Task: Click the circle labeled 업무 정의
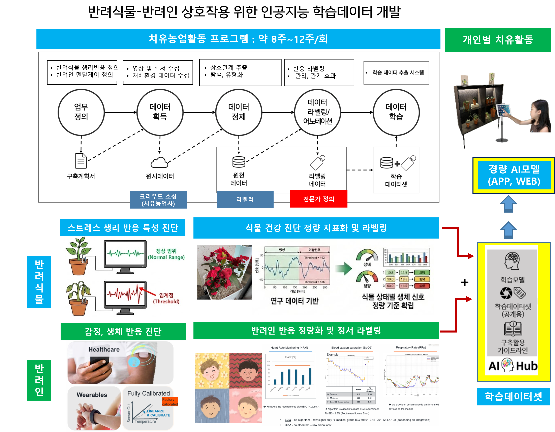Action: tap(81, 112)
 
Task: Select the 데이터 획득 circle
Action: tap(160, 112)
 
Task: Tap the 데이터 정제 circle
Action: tap(239, 112)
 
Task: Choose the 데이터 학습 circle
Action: tap(396, 112)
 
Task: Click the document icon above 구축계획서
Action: tap(81, 161)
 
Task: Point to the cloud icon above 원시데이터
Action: tap(159, 163)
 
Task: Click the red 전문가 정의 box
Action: tap(319, 199)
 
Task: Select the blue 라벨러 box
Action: tap(245, 199)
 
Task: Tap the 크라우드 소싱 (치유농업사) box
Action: tap(158, 200)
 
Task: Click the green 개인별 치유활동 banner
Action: tap(498, 40)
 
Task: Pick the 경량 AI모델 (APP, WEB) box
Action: tap(514, 175)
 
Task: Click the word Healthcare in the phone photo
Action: tap(104, 349)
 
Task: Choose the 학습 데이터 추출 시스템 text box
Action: tap(396, 73)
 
